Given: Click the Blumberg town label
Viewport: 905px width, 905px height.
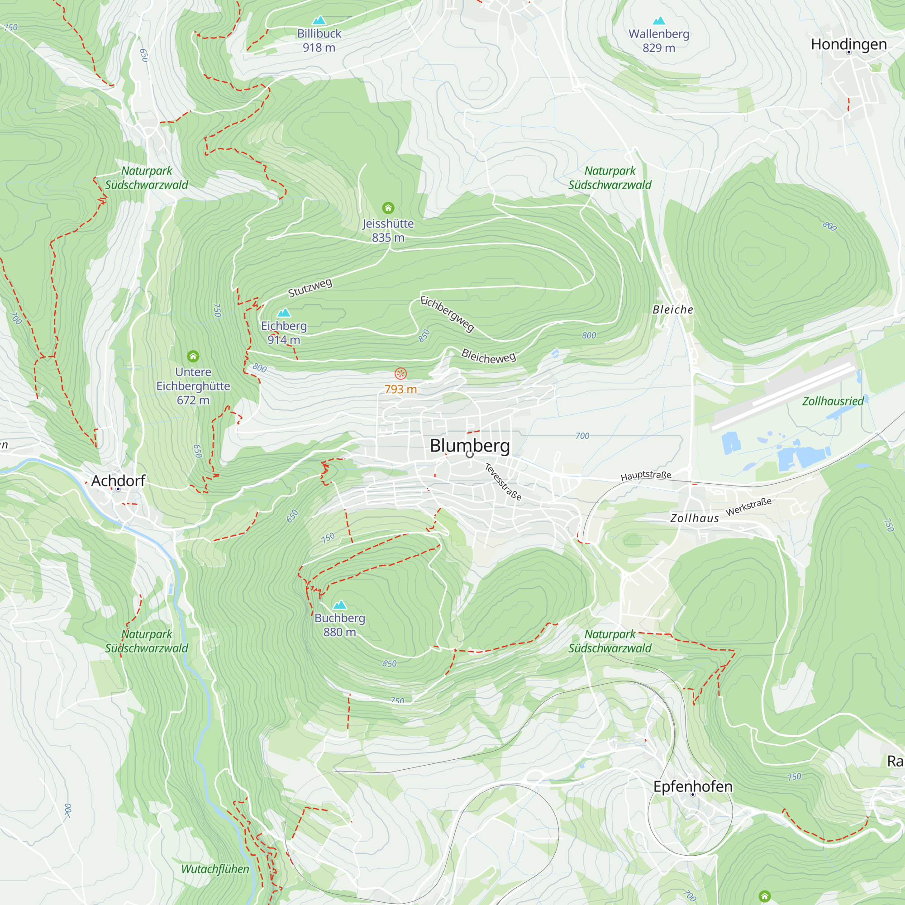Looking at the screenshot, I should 470,445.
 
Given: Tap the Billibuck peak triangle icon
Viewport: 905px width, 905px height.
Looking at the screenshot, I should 319,20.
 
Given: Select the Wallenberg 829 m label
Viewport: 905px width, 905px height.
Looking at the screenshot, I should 658,41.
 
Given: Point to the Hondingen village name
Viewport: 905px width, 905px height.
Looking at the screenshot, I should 849,44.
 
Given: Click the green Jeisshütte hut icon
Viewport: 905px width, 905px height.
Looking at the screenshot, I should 388,208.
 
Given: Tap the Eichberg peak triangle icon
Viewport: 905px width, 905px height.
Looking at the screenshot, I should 284,312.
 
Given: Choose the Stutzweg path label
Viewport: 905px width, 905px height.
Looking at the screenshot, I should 310,288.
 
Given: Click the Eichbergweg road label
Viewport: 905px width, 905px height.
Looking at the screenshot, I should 448,314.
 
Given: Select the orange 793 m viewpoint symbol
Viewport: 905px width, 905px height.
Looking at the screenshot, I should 400,373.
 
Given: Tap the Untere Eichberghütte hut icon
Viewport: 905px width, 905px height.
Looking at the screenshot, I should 193,357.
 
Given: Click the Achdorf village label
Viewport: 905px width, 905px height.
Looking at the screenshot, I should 118,481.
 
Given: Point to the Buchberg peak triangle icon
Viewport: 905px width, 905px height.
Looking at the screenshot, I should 340,605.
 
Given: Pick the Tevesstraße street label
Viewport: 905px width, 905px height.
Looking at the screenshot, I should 503,481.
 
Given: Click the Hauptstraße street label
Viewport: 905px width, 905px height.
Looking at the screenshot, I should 646,476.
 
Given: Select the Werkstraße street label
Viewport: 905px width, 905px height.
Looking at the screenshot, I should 748,507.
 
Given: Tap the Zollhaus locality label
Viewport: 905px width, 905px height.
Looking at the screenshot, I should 694,518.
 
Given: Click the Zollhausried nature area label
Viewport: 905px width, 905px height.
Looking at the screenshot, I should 833,401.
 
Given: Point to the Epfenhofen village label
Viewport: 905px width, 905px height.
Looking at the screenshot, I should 693,786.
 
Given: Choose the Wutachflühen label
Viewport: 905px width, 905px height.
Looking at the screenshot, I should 215,869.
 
